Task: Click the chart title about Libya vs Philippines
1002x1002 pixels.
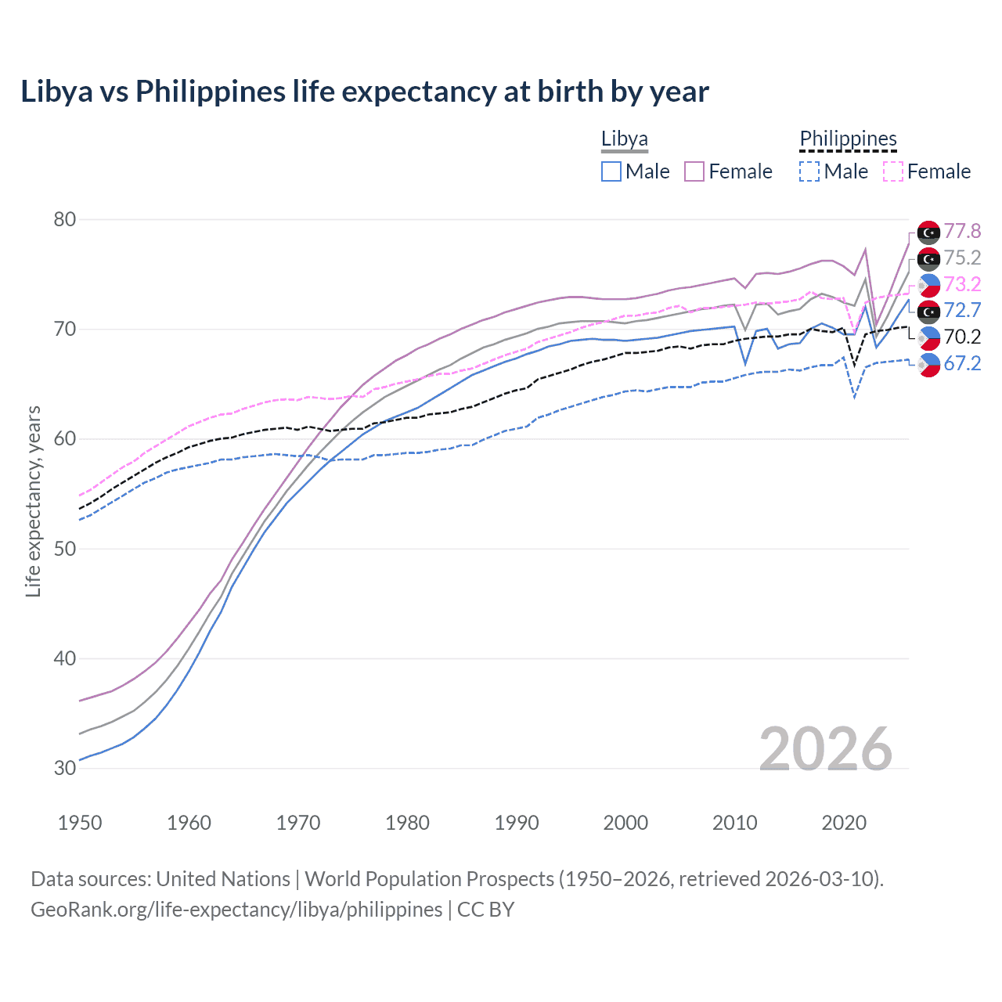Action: (x=365, y=92)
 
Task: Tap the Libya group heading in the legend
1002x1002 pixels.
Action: (x=624, y=139)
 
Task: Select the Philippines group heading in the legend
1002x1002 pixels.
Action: (x=848, y=139)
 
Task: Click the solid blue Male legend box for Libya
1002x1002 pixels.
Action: (x=611, y=171)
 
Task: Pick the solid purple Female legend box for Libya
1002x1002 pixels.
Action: (x=694, y=171)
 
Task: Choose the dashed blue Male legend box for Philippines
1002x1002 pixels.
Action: (x=809, y=171)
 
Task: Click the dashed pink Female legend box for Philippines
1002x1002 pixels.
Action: (x=893, y=171)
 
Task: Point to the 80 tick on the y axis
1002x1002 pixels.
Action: (x=65, y=219)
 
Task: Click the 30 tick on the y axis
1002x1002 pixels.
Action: (x=65, y=768)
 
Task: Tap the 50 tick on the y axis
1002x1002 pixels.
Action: (x=65, y=549)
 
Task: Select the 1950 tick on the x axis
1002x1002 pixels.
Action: (x=80, y=823)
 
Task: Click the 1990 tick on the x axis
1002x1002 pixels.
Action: (x=517, y=823)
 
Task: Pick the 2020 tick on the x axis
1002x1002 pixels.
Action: (x=844, y=823)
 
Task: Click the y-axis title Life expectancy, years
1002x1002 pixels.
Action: (x=33, y=501)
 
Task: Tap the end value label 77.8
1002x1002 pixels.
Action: (x=962, y=231)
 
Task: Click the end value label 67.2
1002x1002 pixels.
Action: (x=962, y=363)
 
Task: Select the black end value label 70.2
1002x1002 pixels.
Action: (x=962, y=337)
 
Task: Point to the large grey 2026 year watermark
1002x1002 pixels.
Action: (x=826, y=749)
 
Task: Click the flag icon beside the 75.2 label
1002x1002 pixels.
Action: (x=928, y=258)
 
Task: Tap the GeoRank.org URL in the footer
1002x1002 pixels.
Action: (x=236, y=910)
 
